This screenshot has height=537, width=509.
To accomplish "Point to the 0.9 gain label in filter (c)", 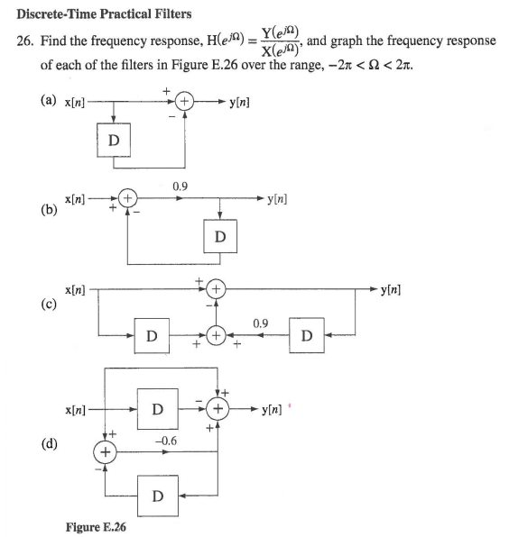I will point(261,322).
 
